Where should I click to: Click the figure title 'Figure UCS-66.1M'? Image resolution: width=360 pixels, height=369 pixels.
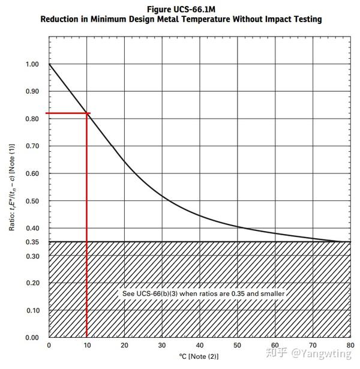[181, 10]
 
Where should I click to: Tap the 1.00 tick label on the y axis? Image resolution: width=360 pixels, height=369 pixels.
[32, 64]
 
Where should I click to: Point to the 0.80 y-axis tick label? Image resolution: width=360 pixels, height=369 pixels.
[32, 119]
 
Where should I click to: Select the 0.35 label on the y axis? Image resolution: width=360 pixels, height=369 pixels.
[32, 242]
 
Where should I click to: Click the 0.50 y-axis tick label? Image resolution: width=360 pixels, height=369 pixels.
[32, 201]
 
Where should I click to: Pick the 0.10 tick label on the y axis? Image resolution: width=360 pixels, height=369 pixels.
[32, 310]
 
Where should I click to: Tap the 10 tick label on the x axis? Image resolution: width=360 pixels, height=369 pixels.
[86, 346]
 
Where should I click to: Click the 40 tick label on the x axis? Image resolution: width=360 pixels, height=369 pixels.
[199, 346]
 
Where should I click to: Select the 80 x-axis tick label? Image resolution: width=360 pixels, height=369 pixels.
[349, 346]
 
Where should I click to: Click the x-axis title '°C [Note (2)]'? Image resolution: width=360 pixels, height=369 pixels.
[199, 356]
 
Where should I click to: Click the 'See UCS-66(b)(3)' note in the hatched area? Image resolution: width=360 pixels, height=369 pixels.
[203, 294]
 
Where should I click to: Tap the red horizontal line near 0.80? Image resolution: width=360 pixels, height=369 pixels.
[66, 113]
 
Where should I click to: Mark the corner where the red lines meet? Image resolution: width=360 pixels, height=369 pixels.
[88, 113]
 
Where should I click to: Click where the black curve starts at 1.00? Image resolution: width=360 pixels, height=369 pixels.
[49, 64]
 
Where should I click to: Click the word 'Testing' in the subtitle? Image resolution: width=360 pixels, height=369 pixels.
[307, 19]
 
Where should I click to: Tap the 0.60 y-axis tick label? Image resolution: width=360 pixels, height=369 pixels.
[32, 173]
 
